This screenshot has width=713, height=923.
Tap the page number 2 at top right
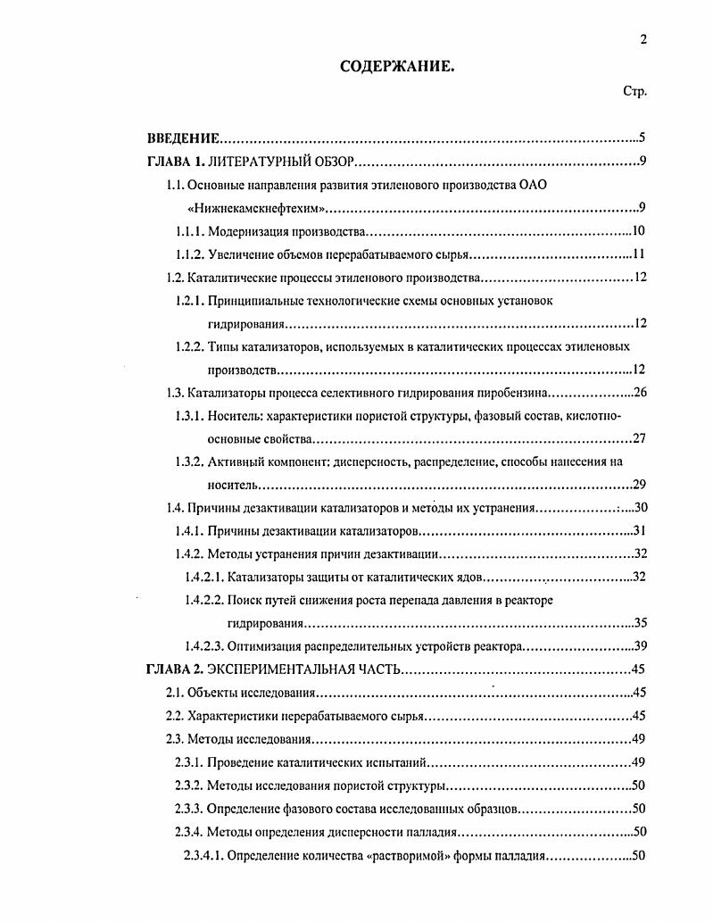643,38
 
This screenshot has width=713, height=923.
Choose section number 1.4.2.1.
203,577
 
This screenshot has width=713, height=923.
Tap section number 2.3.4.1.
203,854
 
